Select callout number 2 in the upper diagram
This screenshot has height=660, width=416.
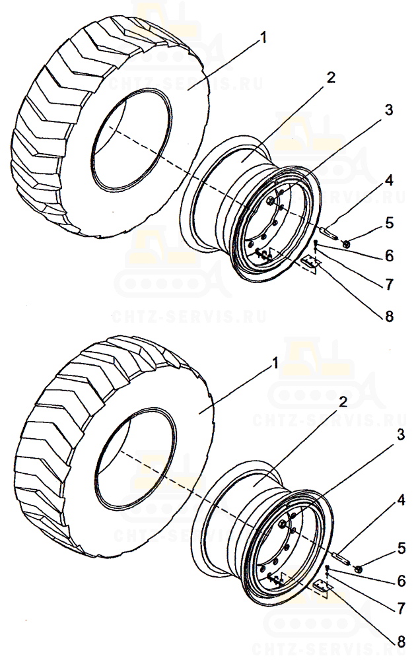point(330,77)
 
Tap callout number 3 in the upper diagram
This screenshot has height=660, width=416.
point(389,110)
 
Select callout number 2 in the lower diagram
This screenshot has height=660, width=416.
point(342,401)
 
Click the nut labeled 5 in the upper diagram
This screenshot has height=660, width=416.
point(347,245)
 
